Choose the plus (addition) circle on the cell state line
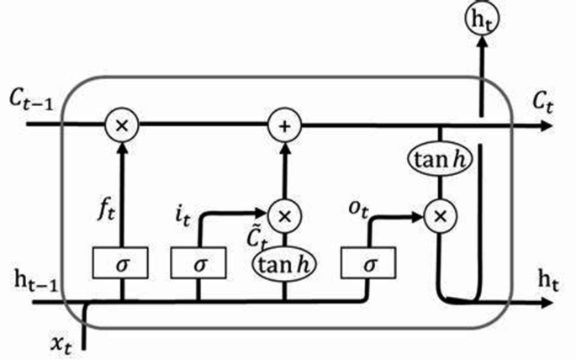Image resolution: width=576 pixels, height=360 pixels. click(283, 126)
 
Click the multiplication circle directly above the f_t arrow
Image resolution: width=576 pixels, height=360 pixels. click(123, 126)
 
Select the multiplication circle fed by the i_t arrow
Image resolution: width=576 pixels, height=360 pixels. click(283, 215)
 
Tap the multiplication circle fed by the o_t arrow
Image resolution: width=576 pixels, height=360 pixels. click(439, 217)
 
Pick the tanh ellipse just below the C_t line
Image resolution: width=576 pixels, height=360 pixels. click(439, 157)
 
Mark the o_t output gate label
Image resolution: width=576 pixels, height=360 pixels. click(360, 204)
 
